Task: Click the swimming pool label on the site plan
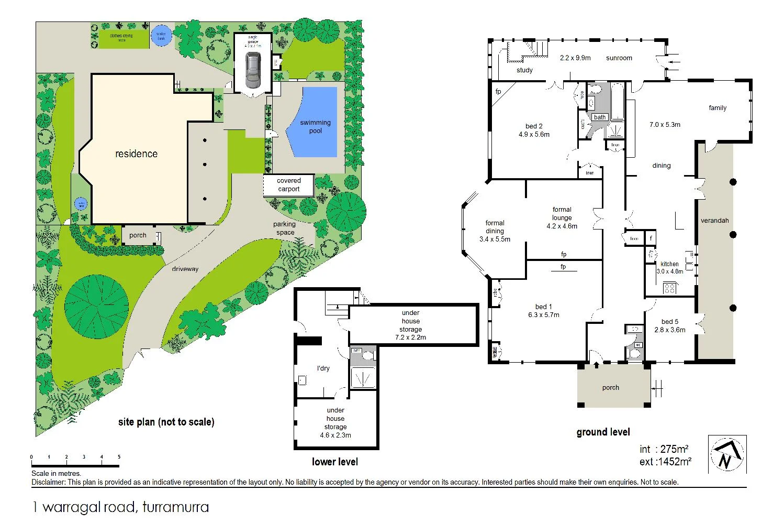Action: (315, 126)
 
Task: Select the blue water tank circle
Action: (161, 36)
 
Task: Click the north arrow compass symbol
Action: (727, 454)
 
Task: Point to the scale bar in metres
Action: (75, 465)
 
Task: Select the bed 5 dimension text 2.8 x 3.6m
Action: (670, 330)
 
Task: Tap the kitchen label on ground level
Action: (669, 264)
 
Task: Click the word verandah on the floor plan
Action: (714, 221)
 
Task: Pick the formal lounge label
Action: (562, 213)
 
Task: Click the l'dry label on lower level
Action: (323, 368)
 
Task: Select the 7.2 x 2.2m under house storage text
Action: (410, 337)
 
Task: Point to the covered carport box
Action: (288, 185)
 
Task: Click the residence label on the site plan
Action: (136, 154)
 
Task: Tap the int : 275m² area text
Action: (664, 449)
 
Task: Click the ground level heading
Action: (603, 432)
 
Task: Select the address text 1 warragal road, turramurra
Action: (120, 507)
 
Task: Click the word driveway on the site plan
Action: (185, 269)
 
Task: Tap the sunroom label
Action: (619, 58)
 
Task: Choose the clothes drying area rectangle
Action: (121, 38)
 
